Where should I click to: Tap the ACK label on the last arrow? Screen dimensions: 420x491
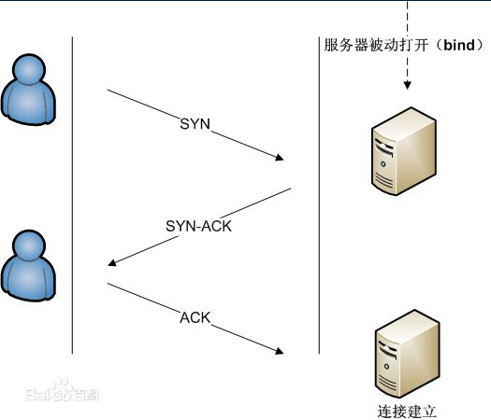pos(195,319)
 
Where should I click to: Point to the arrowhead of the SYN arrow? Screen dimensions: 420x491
pos(280,160)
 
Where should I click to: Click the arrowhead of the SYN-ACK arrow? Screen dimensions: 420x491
pos(113,263)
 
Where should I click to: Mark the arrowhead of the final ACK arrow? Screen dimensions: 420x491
pos(280,351)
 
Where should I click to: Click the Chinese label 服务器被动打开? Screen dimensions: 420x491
pos(374,46)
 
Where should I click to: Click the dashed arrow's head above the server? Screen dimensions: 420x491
pos(407,88)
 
